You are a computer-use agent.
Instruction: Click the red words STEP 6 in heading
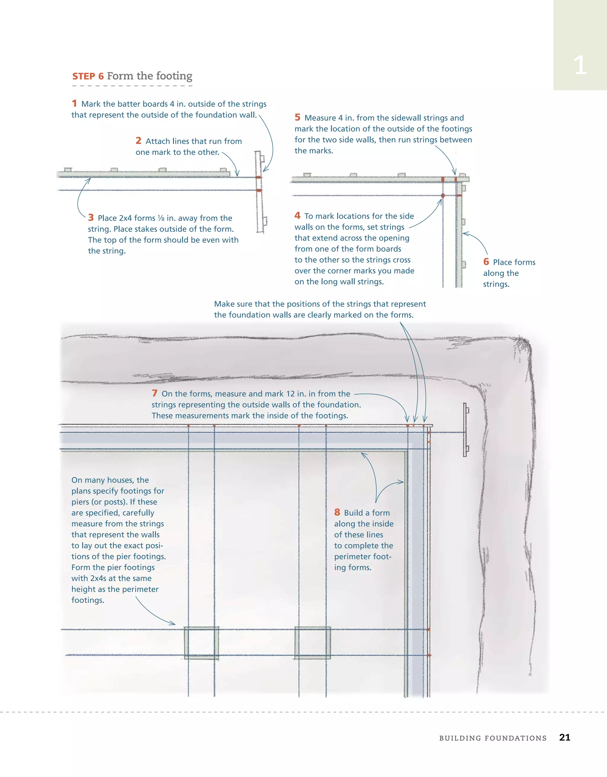click(x=88, y=77)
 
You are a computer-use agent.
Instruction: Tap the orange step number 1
click(x=74, y=103)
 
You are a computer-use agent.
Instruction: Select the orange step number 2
click(x=138, y=141)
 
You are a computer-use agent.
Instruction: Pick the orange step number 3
click(x=91, y=217)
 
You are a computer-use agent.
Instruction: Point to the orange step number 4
click(x=297, y=215)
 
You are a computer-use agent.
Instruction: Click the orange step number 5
click(x=297, y=117)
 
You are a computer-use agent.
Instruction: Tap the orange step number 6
click(x=486, y=262)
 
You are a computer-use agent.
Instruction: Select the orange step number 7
click(x=154, y=393)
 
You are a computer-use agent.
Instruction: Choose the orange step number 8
click(x=337, y=512)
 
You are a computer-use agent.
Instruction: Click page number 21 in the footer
click(x=564, y=738)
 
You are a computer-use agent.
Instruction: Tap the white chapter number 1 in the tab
click(x=580, y=66)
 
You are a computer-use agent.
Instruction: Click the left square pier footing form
click(x=201, y=643)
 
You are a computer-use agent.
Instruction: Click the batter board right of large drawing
click(x=465, y=430)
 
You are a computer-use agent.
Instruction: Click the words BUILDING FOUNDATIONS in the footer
click(x=493, y=738)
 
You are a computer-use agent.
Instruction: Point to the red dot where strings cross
click(x=443, y=196)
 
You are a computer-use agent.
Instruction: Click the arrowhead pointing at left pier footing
click(x=173, y=624)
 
